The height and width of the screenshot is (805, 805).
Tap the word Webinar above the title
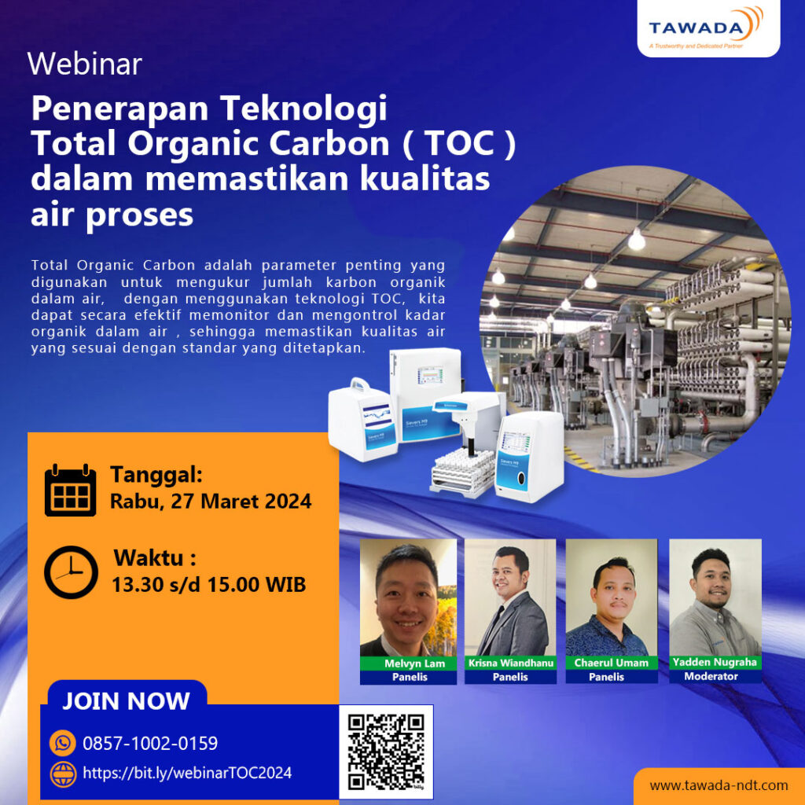(x=85, y=64)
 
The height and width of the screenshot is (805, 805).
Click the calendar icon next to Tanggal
(x=70, y=491)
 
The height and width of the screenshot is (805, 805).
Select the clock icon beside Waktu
(x=71, y=572)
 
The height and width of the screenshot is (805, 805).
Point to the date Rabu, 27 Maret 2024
(x=211, y=501)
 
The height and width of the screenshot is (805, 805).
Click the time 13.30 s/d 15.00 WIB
(x=210, y=585)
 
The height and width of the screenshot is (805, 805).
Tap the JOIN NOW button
(x=126, y=701)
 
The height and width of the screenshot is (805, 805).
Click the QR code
(x=386, y=752)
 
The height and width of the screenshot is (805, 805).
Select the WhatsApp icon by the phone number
(x=62, y=743)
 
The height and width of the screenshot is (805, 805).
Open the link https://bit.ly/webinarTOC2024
(x=187, y=773)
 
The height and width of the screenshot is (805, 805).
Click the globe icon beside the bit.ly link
(x=62, y=774)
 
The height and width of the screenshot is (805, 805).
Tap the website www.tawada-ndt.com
(x=719, y=785)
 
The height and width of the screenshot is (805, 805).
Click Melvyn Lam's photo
(x=408, y=597)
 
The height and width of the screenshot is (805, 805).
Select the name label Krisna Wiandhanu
(x=510, y=663)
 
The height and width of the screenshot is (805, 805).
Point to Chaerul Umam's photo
(x=612, y=597)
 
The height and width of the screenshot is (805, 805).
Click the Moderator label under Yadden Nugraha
(x=711, y=676)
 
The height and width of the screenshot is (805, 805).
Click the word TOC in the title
(x=459, y=146)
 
